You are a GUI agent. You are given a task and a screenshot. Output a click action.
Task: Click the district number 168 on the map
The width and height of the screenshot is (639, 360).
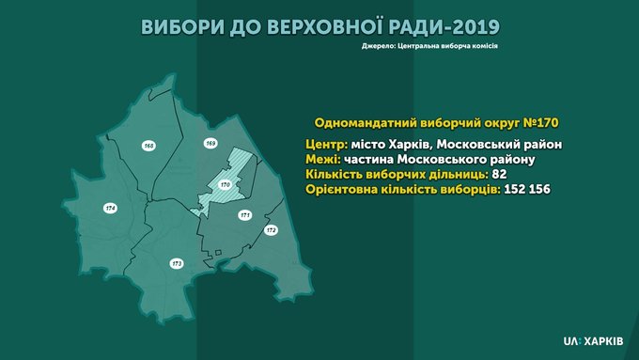pyautogui.click(x=149, y=146)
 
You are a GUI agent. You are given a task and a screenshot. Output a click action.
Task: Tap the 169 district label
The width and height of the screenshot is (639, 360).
pyautogui.click(x=210, y=143)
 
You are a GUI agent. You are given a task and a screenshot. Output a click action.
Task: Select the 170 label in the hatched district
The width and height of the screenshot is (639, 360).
pyautogui.click(x=225, y=184)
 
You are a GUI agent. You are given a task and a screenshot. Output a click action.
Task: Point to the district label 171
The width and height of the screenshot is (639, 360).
pyautogui.click(x=245, y=215)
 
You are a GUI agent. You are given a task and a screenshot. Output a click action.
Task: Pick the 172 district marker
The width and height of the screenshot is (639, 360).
pyautogui.click(x=271, y=230)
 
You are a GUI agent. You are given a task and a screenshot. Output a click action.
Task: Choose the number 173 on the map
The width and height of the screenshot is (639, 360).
pyautogui.click(x=177, y=264)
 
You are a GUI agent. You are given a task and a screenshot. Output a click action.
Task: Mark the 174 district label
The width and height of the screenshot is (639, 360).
pyautogui.click(x=110, y=209)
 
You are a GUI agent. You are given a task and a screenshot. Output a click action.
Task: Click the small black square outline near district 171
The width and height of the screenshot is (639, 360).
pyautogui.click(x=218, y=253)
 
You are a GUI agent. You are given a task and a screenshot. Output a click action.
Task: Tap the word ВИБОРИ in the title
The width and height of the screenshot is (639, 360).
pyautogui.click(x=182, y=27)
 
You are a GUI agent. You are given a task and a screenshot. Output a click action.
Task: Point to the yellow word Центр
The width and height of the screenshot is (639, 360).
pyautogui.click(x=326, y=145)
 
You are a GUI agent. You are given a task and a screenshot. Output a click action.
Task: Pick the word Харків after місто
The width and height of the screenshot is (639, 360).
pyautogui.click(x=409, y=145)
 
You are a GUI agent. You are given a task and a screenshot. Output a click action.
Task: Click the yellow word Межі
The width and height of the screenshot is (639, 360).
pyautogui.click(x=323, y=159)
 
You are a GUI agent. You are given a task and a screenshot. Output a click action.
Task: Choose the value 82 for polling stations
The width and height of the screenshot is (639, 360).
pyautogui.click(x=499, y=175)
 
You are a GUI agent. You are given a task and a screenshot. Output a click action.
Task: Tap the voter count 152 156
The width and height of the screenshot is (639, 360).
pyautogui.click(x=527, y=190)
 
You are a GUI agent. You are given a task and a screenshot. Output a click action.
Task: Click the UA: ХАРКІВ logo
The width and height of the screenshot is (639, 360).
pyautogui.click(x=593, y=341)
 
